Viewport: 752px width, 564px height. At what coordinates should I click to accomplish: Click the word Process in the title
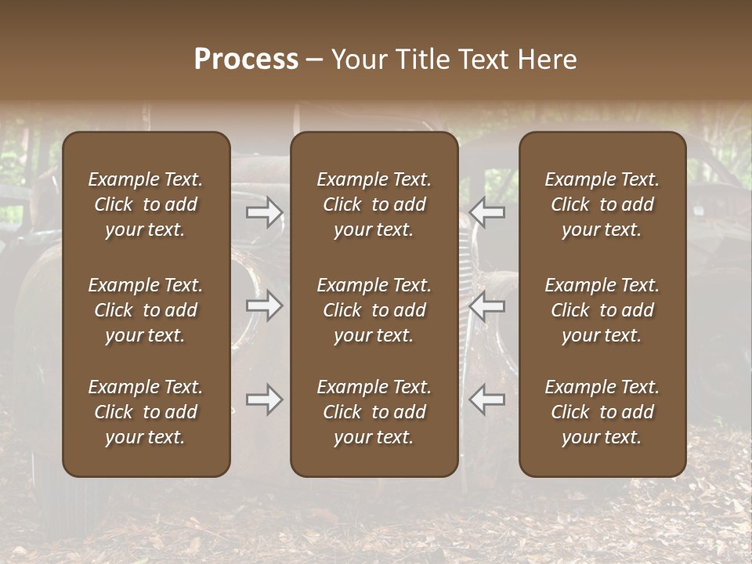coord(246,60)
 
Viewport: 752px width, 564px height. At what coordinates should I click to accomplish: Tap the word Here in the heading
coord(547,60)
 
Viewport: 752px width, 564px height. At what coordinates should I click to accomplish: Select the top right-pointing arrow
coord(265,212)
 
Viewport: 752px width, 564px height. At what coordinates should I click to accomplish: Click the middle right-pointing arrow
coord(265,305)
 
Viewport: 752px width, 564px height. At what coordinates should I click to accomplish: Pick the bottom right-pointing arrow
coord(265,399)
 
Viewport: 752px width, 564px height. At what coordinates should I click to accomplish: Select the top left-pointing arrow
coord(487,212)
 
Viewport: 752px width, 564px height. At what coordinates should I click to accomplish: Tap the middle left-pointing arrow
coord(487,305)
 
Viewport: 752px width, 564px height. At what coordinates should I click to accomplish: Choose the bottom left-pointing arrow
coord(487,399)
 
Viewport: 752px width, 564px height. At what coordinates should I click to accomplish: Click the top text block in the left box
coord(146,204)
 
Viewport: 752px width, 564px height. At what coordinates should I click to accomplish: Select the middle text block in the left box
coord(146,310)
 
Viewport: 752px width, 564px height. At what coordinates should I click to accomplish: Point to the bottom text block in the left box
coord(146,412)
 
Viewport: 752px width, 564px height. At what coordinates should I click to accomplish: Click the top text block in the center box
coord(374,204)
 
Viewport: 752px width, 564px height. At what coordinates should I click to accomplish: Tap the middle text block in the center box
coord(374,310)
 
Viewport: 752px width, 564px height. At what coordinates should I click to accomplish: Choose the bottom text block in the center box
coord(374,412)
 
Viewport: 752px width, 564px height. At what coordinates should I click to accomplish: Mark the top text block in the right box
coord(602,204)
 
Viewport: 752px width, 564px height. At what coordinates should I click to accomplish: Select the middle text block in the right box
coord(602,310)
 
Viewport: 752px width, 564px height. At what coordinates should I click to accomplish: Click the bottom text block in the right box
coord(602,412)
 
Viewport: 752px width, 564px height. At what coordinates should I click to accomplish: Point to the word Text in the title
coord(483,60)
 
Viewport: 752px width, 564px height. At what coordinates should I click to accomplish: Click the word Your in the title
coord(360,60)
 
